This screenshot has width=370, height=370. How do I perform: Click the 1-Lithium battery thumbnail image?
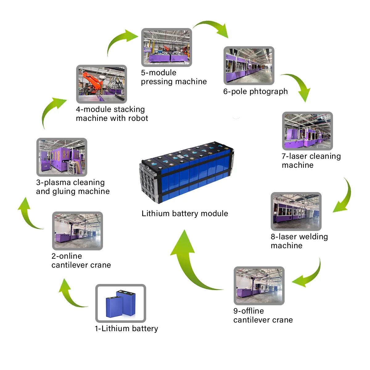click(x=121, y=303)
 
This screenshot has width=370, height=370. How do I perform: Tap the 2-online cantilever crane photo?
click(x=77, y=231)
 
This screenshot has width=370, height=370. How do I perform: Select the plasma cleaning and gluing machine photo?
click(x=62, y=157)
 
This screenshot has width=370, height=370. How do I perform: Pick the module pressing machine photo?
click(x=166, y=47)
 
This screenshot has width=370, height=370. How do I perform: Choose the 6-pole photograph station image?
click(x=249, y=66)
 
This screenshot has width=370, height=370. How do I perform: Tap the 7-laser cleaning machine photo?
click(x=307, y=131)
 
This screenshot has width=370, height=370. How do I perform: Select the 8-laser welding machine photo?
click(x=296, y=212)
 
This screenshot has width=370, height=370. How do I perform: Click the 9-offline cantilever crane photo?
click(x=259, y=286)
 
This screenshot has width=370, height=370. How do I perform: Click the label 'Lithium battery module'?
click(x=185, y=213)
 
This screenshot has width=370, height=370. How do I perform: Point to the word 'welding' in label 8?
click(x=313, y=237)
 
